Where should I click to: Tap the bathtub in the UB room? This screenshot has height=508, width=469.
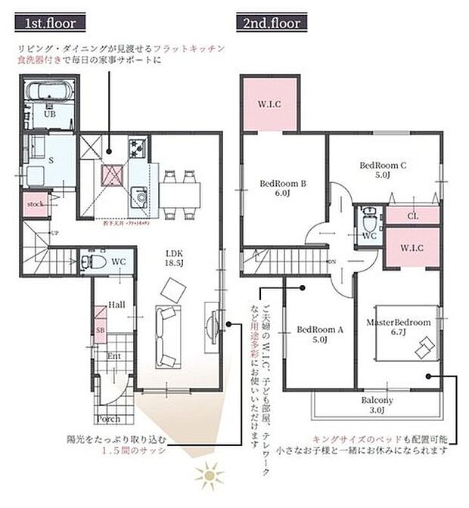50,94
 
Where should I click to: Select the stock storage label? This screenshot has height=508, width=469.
34,205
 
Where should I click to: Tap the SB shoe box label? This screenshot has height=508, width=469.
100,330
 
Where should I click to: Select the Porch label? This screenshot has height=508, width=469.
107,418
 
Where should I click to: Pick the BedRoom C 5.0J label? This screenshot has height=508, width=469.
382,169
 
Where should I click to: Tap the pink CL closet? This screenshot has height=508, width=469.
412,215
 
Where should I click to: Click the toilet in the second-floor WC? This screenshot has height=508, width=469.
368,221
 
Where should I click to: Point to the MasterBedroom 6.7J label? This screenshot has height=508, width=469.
398,327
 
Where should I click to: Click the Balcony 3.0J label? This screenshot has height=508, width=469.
376,405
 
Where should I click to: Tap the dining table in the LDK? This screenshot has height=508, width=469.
182,192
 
